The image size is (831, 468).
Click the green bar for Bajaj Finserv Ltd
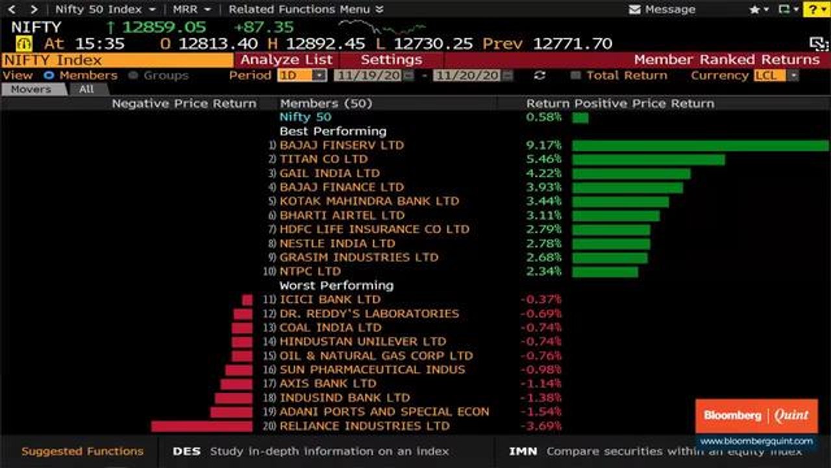[700, 146]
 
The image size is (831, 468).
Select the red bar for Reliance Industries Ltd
[202, 426]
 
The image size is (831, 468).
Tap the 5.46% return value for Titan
[544, 159]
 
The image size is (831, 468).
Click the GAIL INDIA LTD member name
[329, 174]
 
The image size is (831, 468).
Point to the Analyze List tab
[286, 60]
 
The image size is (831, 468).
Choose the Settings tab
[391, 60]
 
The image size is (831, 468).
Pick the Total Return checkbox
[575, 75]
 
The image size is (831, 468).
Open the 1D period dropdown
[302, 75]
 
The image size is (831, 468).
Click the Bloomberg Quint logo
[756, 416]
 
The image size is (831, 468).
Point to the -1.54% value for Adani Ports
[541, 412]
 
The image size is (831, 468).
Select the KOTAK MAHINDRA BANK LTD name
[369, 201]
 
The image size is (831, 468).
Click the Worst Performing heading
[336, 285]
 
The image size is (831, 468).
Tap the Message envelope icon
[635, 10]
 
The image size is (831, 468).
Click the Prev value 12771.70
[572, 44]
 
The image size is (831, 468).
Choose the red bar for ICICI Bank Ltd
[247, 300]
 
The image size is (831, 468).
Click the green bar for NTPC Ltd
[605, 272]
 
